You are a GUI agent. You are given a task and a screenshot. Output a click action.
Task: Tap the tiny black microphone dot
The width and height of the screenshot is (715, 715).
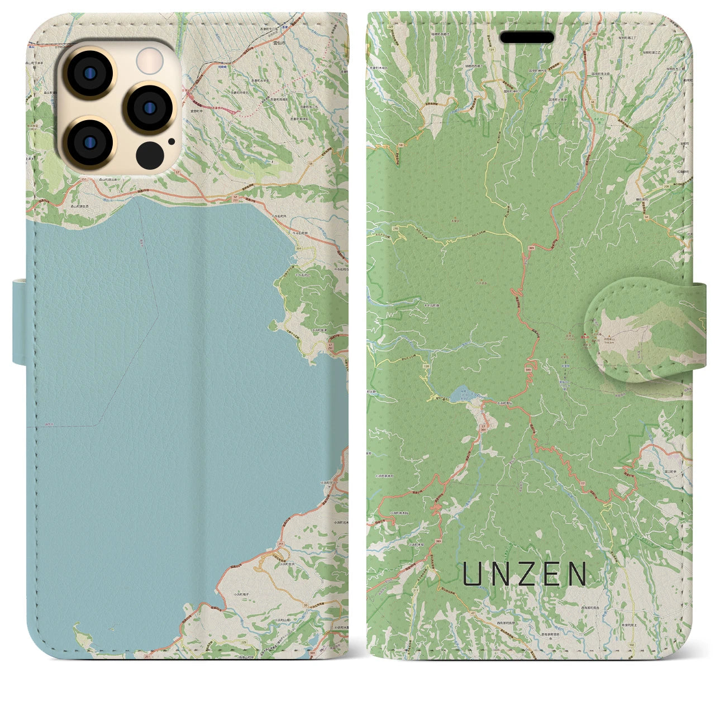[171, 141]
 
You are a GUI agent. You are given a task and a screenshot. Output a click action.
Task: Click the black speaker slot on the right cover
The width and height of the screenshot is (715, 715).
[527, 37]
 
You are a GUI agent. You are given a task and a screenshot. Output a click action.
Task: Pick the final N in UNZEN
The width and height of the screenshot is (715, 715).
[578, 574]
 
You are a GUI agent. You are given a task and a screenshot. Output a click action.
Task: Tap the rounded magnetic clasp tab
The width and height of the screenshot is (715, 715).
[637, 330]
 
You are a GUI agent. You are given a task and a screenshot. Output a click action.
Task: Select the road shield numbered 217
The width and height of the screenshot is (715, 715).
[415, 590]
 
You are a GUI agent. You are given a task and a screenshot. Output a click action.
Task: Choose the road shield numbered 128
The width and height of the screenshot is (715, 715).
[426, 366]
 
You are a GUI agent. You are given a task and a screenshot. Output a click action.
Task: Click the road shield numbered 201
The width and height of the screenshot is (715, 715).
[298, 249]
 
